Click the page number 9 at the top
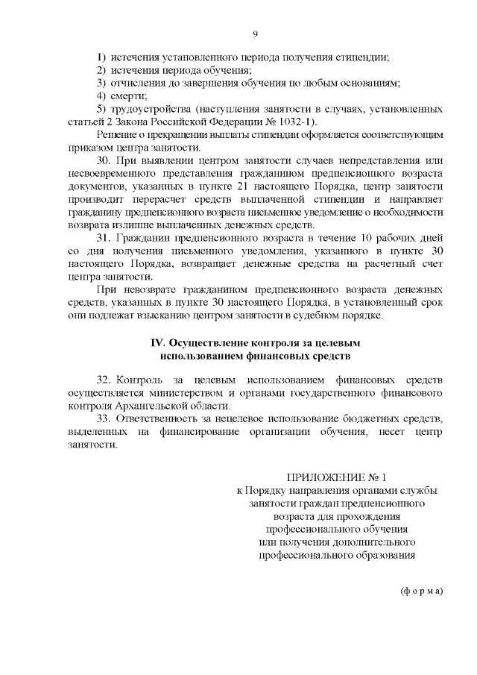[x=255, y=34]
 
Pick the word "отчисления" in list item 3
[x=139, y=83]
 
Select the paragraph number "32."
[x=104, y=380]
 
